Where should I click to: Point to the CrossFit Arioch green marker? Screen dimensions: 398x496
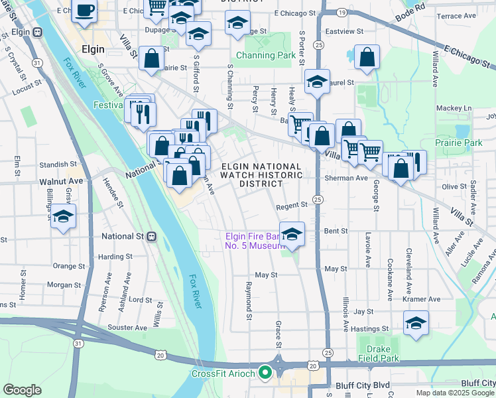[x=265, y=373]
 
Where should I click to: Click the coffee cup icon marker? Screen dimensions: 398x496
[x=85, y=11]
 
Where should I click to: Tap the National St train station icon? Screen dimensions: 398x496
[x=151, y=236]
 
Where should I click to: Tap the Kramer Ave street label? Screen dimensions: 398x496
[x=424, y=299]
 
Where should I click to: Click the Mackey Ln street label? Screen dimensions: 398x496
[x=454, y=108]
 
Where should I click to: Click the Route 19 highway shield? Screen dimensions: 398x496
[x=341, y=13]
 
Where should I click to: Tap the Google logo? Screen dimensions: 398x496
[x=22, y=390]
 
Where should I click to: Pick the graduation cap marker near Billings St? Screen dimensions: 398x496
[x=64, y=217]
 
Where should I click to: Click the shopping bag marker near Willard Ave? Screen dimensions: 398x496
[x=367, y=58]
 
